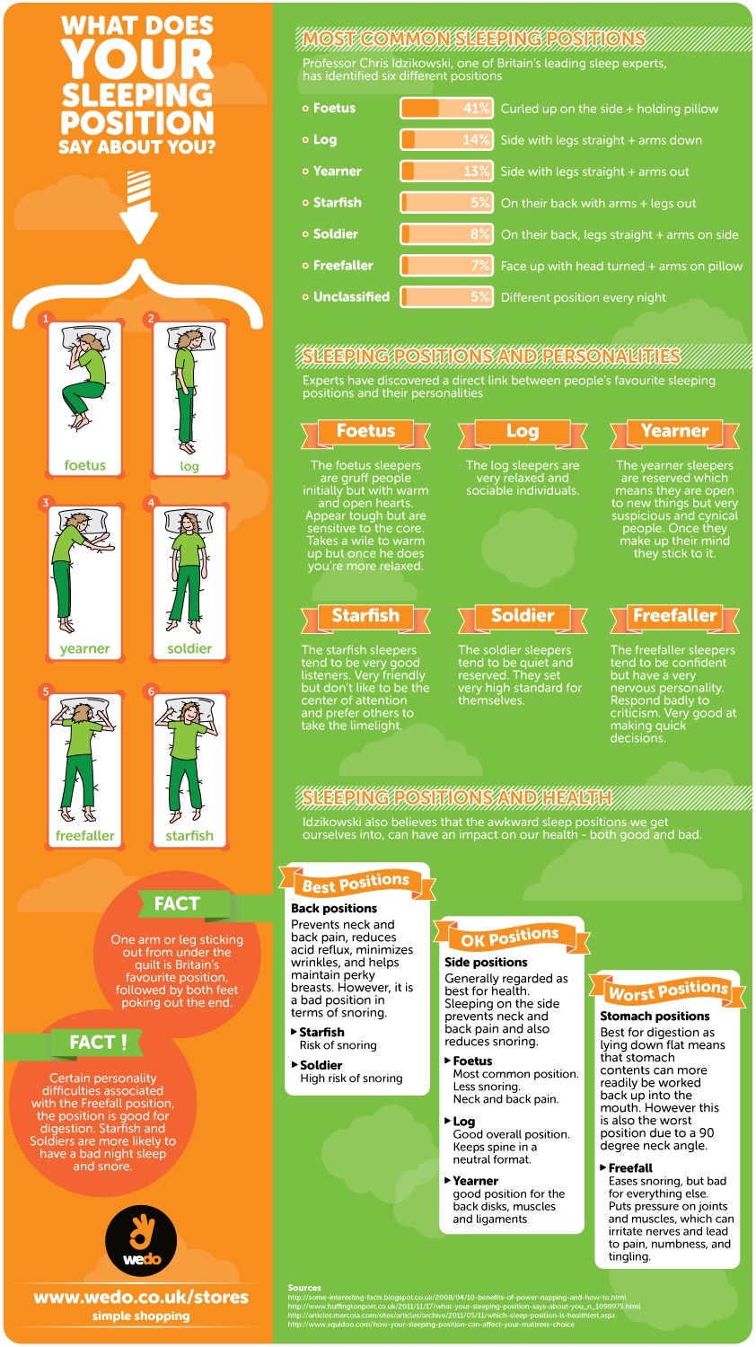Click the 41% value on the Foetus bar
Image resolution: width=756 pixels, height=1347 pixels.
[x=476, y=109]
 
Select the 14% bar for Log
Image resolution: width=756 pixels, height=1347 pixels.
[x=446, y=140]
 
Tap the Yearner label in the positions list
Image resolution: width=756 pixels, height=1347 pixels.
[x=337, y=172]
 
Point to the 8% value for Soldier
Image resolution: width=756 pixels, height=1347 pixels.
[x=479, y=234]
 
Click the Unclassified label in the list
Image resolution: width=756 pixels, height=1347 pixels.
[x=351, y=297]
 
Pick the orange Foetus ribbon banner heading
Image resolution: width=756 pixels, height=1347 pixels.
[x=365, y=432]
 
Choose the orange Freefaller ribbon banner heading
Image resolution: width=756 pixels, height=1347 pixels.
[x=675, y=617]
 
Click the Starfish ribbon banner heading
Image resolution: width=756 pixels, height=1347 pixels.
[x=365, y=617]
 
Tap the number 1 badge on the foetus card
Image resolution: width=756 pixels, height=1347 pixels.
[x=46, y=318]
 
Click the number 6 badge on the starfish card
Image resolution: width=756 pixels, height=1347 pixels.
[x=151, y=691]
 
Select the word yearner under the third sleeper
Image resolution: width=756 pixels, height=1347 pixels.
[x=84, y=648]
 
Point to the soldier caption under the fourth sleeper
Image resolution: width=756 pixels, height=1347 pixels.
[x=189, y=648]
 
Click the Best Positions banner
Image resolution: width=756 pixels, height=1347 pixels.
[x=356, y=884]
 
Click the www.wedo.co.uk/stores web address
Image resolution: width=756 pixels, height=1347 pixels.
[x=141, y=1297]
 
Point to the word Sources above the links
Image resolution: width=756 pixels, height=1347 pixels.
[x=304, y=1288]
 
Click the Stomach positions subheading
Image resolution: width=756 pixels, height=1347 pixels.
[x=655, y=1016]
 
